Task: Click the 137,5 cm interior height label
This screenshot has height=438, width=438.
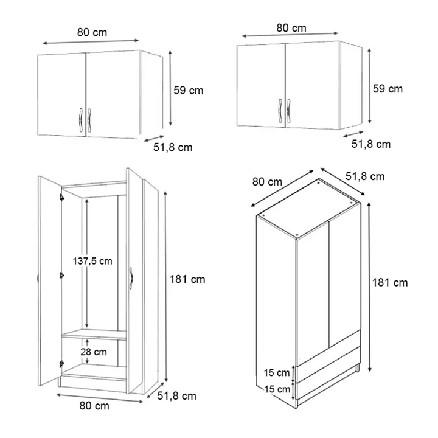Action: tap(92, 261)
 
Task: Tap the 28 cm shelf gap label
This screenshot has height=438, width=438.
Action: tap(94, 352)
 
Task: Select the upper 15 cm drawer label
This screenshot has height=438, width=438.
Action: tap(277, 372)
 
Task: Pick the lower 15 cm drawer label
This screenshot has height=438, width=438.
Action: tap(277, 389)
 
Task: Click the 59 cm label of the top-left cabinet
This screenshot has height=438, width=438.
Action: tap(189, 90)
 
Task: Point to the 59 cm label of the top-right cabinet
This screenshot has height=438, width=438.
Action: tap(388, 89)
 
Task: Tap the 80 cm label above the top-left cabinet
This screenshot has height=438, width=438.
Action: tap(92, 32)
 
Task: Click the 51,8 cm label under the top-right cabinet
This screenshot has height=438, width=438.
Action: tap(371, 144)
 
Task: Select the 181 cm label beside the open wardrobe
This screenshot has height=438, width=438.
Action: tap(187, 279)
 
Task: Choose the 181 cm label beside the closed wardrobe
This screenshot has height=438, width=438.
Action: tap(390, 283)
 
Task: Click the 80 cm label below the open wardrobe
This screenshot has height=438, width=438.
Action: tap(94, 406)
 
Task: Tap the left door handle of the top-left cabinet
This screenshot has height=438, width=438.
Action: tap(80, 120)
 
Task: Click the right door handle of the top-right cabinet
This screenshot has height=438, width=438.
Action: tap(288, 111)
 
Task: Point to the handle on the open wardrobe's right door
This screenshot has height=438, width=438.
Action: tap(131, 279)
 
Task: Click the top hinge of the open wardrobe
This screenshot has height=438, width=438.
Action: tap(61, 197)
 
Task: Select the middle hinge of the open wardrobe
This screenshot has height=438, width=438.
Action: tap(61, 276)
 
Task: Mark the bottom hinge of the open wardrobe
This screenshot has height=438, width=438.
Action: tap(61, 364)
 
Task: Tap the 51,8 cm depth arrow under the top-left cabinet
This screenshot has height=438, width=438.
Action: tap(154, 139)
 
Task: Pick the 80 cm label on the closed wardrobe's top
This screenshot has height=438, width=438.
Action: tap(267, 182)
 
